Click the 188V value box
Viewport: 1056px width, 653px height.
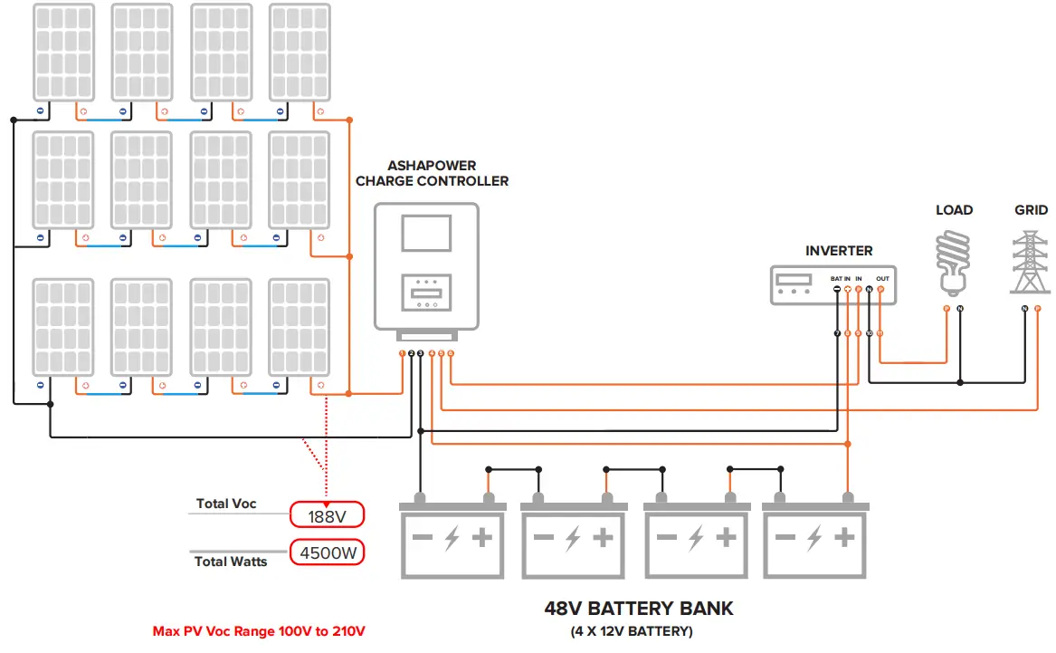click(x=327, y=515)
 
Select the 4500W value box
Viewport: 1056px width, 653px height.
click(x=327, y=552)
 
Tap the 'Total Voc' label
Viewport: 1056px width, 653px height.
click(x=226, y=504)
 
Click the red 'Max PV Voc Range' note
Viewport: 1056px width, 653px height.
click(x=259, y=631)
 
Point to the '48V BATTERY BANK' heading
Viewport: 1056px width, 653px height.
click(x=638, y=608)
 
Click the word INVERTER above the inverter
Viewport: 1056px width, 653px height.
click(x=839, y=250)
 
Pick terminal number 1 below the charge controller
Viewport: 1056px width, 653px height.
click(x=402, y=352)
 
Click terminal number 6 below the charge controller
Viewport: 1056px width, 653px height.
click(x=451, y=352)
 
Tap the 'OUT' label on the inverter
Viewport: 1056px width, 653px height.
click(x=882, y=279)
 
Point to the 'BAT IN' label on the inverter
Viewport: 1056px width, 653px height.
click(x=840, y=279)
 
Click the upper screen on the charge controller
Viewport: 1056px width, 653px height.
click(x=426, y=233)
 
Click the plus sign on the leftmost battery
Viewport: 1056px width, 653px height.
click(x=482, y=538)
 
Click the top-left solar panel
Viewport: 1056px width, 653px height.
click(x=63, y=52)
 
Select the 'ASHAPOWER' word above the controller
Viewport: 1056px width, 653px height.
click(x=432, y=166)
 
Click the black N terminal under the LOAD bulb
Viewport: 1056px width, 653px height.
click(x=960, y=310)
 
